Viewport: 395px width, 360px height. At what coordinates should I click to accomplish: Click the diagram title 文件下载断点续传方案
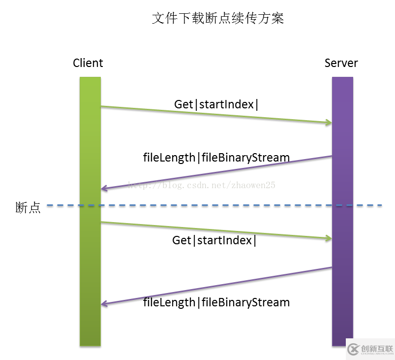[x=218, y=19]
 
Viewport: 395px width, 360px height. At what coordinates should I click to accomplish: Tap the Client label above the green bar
[x=88, y=63]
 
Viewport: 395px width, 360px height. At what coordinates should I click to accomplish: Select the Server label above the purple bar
[x=341, y=63]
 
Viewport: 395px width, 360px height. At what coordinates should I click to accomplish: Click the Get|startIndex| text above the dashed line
[x=216, y=104]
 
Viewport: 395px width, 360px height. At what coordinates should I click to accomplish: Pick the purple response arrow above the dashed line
[x=216, y=172]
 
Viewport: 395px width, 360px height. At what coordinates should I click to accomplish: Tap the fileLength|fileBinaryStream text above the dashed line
[x=216, y=158]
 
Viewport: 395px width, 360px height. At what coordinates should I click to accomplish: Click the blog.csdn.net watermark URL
[x=202, y=185]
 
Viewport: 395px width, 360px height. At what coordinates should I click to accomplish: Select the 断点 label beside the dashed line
[x=28, y=208]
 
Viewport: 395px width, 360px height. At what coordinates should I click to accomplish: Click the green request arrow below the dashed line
[x=216, y=230]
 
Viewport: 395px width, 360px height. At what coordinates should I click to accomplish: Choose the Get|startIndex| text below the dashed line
[x=214, y=240]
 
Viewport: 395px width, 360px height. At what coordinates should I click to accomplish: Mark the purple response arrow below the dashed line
[x=216, y=286]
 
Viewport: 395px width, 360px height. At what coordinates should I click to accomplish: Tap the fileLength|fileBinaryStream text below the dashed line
[x=216, y=302]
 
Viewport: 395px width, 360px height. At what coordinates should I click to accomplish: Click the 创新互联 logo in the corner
[x=370, y=349]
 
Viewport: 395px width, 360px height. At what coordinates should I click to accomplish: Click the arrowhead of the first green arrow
[x=328, y=123]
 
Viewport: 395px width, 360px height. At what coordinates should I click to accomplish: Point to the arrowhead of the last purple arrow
[x=104, y=304]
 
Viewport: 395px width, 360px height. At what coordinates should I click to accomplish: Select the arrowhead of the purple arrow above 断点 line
[x=104, y=189]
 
